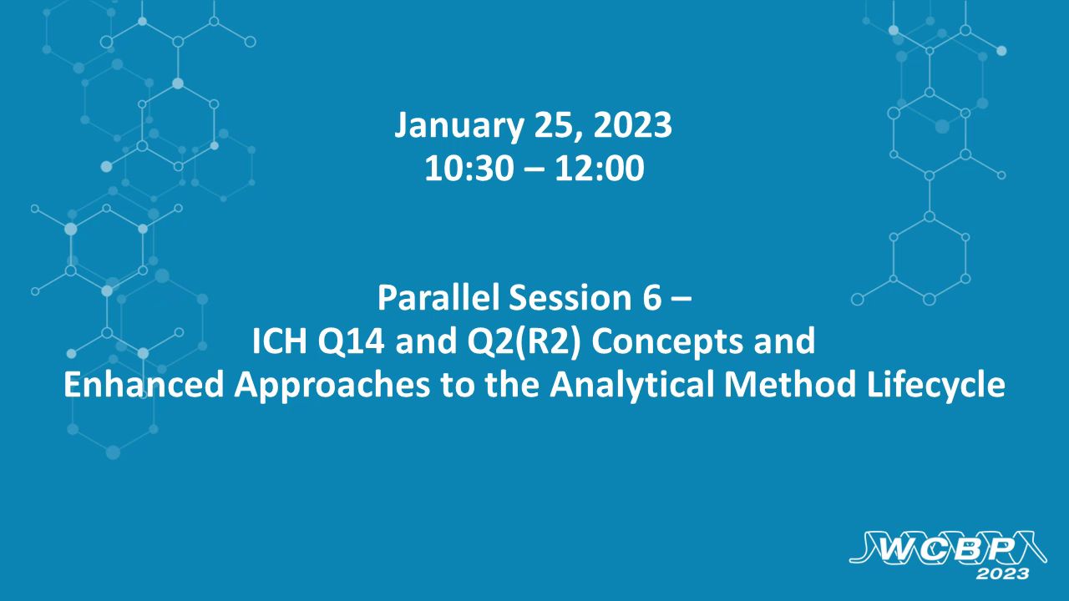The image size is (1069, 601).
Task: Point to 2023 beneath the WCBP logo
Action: (x=1001, y=574)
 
